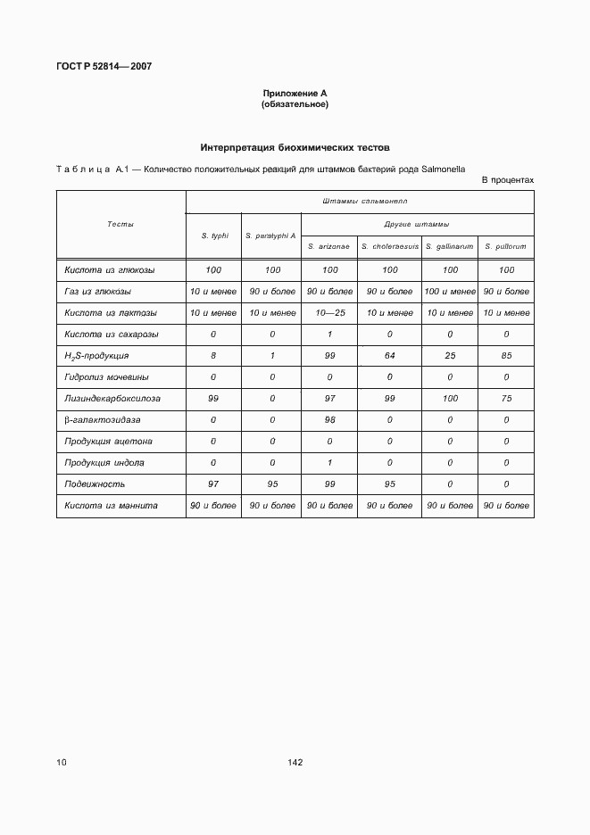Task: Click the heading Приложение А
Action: click(x=295, y=94)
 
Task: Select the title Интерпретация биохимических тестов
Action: click(x=295, y=147)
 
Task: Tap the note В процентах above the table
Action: click(x=507, y=180)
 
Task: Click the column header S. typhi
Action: click(x=214, y=236)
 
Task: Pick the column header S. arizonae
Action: click(x=328, y=246)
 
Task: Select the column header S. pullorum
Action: click(x=506, y=246)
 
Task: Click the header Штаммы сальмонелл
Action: click(x=360, y=202)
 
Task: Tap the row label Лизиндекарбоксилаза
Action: click(x=112, y=398)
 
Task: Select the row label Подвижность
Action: click(x=95, y=484)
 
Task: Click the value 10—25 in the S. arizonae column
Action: click(x=329, y=312)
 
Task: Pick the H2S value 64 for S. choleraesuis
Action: click(x=389, y=355)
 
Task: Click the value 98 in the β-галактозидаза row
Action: click(x=329, y=419)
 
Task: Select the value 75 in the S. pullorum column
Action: click(x=506, y=398)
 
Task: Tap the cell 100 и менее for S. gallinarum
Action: click(x=450, y=291)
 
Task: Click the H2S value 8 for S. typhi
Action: click(x=214, y=355)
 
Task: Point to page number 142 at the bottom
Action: click(x=295, y=763)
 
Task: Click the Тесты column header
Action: click(x=120, y=224)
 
